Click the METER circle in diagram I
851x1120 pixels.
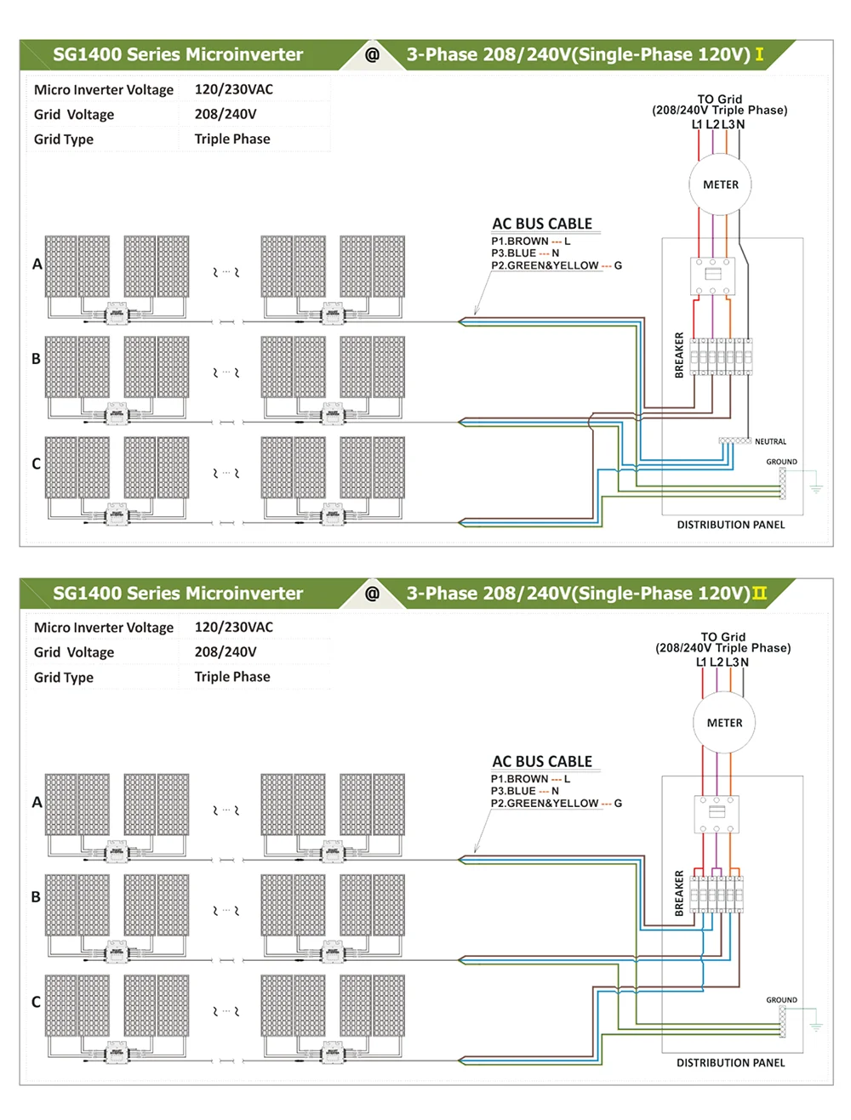721,185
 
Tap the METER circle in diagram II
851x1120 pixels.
724,723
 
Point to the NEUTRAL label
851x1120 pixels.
770,442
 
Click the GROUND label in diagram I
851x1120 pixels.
781,462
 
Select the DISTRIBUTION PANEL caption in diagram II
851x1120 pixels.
730,1063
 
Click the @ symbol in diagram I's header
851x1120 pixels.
372,54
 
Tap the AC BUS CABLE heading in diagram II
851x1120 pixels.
542,762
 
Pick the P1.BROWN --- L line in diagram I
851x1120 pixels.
530,242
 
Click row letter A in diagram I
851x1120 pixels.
37,264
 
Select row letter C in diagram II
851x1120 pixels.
36,1002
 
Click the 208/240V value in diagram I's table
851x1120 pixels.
226,114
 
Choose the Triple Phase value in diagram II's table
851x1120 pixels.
232,677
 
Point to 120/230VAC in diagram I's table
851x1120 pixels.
234,89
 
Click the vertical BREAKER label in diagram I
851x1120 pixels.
679,355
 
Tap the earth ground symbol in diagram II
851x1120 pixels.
816,1026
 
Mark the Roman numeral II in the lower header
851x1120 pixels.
759,594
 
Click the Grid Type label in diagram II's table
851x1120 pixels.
64,678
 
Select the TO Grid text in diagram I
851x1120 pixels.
720,99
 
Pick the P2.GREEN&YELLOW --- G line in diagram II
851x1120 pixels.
556,804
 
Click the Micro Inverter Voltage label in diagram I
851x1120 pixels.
104,90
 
